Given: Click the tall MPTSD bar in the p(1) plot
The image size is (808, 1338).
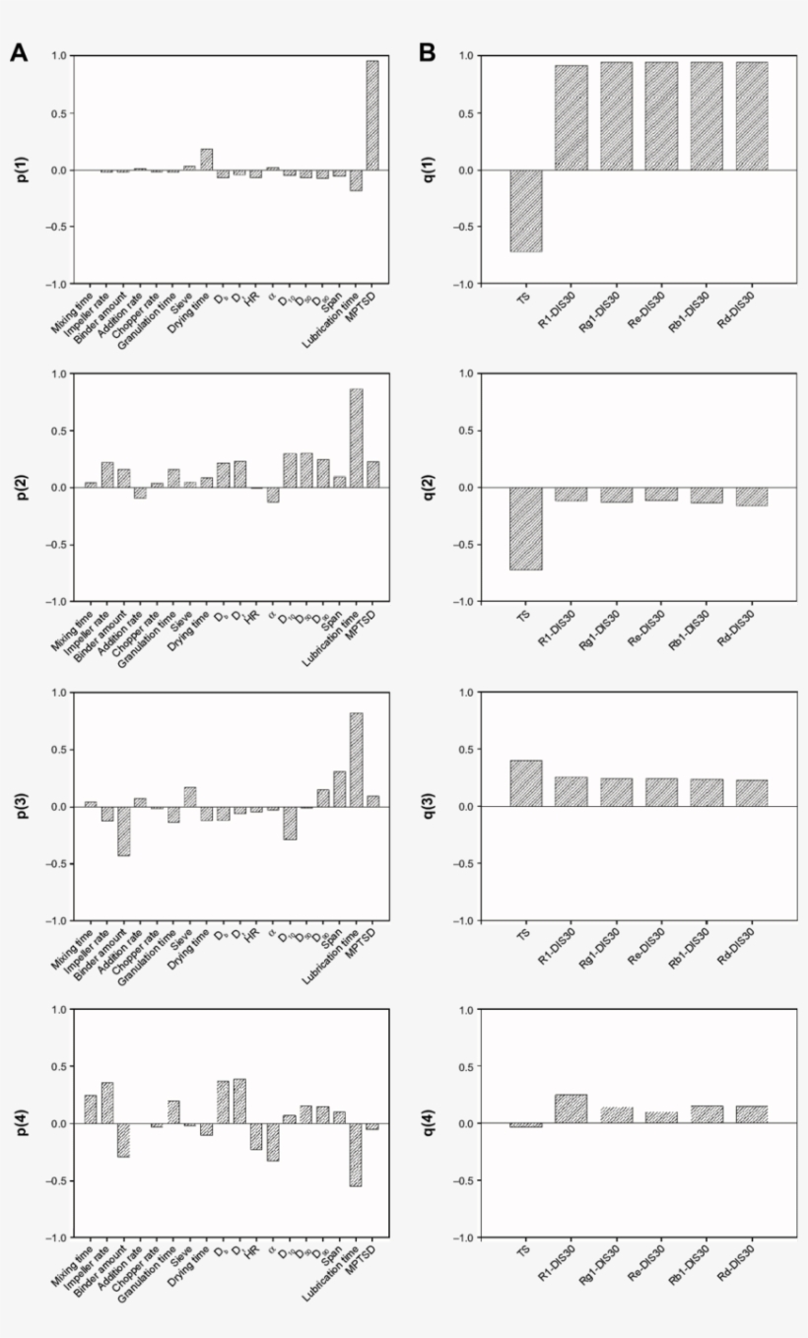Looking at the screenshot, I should point(372,115).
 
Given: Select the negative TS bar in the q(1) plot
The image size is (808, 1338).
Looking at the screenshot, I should point(524,211).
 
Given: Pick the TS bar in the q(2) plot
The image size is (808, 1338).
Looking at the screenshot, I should point(524,528).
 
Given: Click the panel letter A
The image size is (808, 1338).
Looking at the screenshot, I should point(19,53).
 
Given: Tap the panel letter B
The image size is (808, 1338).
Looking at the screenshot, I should point(428,53).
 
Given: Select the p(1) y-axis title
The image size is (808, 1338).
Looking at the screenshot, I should point(23,169).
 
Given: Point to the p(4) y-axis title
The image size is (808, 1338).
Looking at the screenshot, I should point(23,1123).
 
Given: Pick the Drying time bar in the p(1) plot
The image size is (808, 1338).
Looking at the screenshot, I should point(206,160).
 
